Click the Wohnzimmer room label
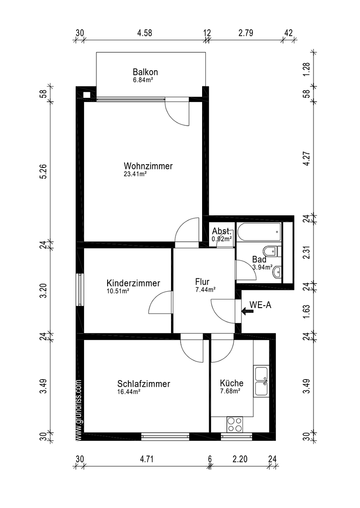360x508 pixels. tap(148, 166)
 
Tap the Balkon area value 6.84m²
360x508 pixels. tap(143, 79)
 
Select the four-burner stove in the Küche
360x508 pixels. tap(235, 424)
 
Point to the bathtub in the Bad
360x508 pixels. tap(259, 232)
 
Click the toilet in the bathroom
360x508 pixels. tap(272, 251)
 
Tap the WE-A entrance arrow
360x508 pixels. tap(248, 311)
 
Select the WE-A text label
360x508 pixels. tap(260, 304)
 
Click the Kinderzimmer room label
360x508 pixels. tap(133, 283)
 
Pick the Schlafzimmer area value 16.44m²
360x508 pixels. tap(128, 392)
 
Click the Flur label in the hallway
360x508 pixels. tap(202, 282)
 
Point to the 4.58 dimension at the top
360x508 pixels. tap(144, 33)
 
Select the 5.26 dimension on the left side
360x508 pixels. tap(44, 171)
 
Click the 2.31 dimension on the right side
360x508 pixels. tap(307, 253)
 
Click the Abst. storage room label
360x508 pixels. tap(222, 231)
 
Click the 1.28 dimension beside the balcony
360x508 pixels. tap(307, 68)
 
